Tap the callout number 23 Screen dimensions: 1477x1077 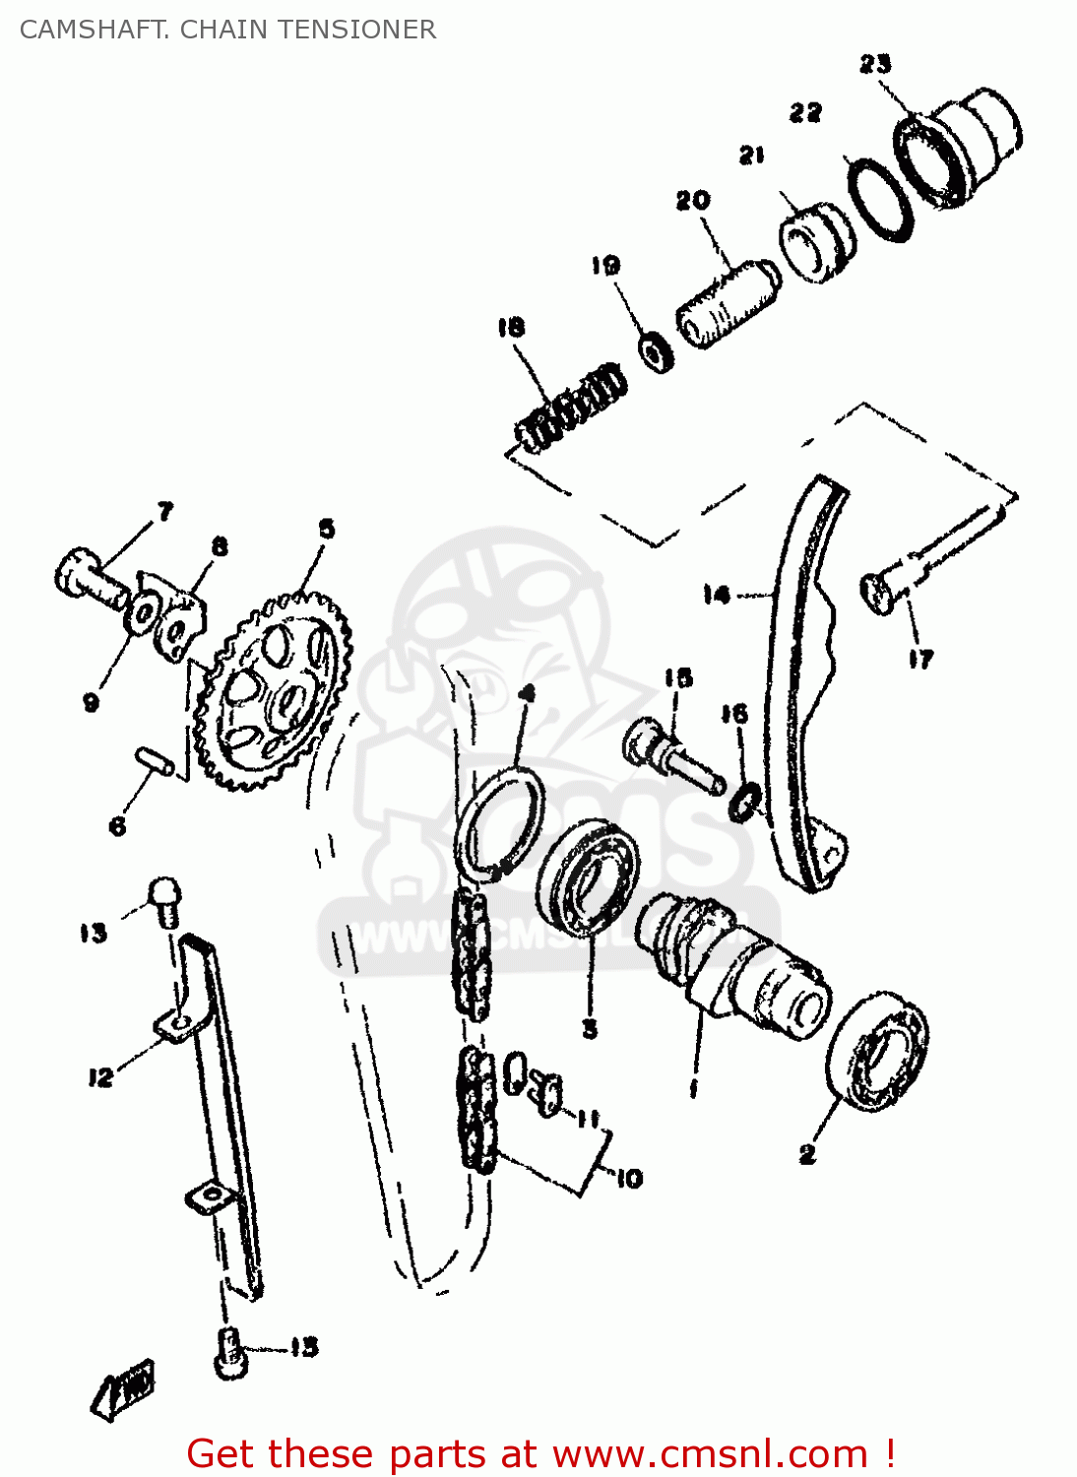(874, 64)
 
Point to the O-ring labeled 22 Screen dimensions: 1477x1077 (880, 199)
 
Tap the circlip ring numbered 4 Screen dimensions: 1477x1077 (500, 824)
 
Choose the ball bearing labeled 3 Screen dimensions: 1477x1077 (588, 875)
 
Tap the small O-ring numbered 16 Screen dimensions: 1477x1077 (745, 802)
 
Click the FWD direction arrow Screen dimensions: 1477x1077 (124, 1386)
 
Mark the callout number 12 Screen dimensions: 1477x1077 (100, 1077)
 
